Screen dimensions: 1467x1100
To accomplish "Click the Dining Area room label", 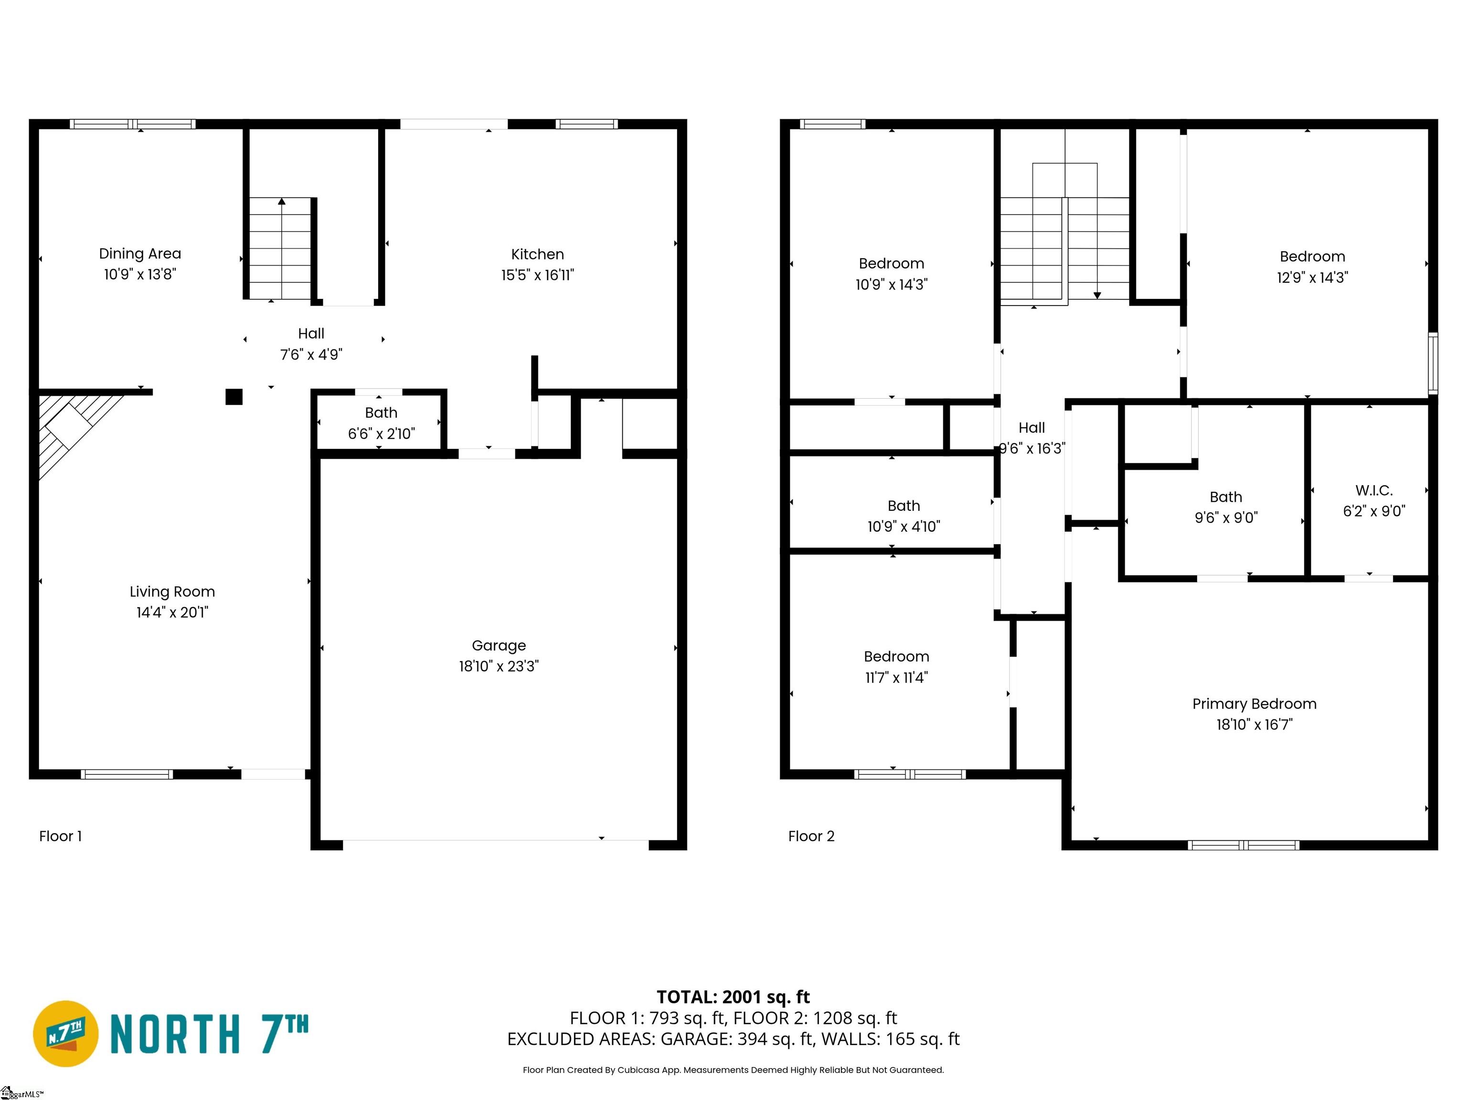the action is pos(140,254).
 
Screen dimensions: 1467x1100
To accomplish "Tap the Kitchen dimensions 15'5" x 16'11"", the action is pos(537,275).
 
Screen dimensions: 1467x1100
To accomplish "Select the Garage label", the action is pos(499,645).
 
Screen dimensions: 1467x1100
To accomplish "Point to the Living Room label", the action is pos(172,592).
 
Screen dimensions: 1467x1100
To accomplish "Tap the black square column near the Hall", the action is pos(234,396).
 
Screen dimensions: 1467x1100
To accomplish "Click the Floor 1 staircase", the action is pos(280,249).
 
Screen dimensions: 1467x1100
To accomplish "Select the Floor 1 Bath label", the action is pos(382,412).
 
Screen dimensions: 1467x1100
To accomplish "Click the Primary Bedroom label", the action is pos(1254,704).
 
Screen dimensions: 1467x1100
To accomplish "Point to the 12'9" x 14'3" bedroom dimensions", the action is pos(1312,277).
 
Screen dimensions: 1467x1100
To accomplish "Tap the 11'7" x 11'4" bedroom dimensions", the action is pos(897,677).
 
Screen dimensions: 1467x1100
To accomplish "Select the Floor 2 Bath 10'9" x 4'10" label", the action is pos(904,516).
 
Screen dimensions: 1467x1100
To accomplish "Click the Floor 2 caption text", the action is pos(811,836).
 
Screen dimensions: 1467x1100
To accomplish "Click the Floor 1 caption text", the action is pos(60,836).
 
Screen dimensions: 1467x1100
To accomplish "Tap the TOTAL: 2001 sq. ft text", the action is pos(733,997).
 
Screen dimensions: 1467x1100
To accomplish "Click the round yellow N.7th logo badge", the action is pos(65,1034).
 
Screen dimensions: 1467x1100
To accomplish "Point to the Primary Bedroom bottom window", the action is pos(1243,846).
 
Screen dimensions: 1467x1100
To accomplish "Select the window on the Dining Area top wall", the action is pos(133,124).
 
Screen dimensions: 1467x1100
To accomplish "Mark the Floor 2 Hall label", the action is pos(1031,428).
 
